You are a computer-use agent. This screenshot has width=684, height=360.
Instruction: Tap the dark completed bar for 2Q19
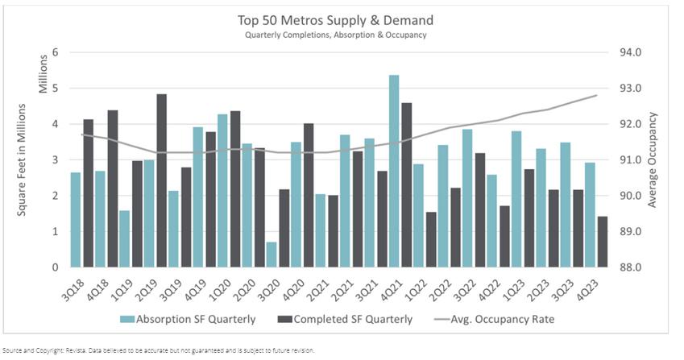coord(161,180)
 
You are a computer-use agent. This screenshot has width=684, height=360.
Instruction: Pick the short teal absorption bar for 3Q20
coord(272,254)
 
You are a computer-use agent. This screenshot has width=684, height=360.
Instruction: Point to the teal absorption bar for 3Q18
coord(76,220)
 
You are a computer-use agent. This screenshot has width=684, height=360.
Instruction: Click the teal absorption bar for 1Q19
coord(124,239)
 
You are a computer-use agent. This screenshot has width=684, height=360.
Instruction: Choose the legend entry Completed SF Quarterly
coord(346,319)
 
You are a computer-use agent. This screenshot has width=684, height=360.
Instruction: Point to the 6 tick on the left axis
coord(56,52)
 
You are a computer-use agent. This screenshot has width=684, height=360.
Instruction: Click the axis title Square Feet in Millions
coord(22,159)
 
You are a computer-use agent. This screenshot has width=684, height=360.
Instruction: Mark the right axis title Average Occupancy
coord(653,159)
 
